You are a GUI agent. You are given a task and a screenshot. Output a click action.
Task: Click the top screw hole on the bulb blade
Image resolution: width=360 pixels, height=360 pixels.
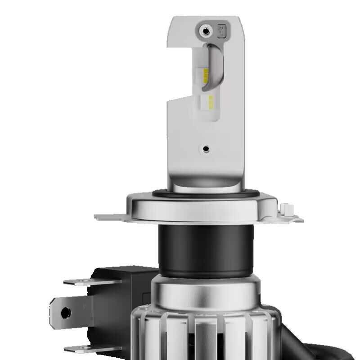tap(206, 31)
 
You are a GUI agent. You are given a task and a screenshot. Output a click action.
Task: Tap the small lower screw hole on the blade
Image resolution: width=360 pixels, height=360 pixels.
tap(206, 148)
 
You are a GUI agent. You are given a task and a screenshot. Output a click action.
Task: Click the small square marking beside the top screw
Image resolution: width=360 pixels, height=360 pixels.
tap(221, 30)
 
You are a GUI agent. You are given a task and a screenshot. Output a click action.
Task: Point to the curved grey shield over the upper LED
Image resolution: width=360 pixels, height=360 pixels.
tap(216, 63)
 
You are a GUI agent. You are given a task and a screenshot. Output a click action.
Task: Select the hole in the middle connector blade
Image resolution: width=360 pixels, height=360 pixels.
tap(66, 311)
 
